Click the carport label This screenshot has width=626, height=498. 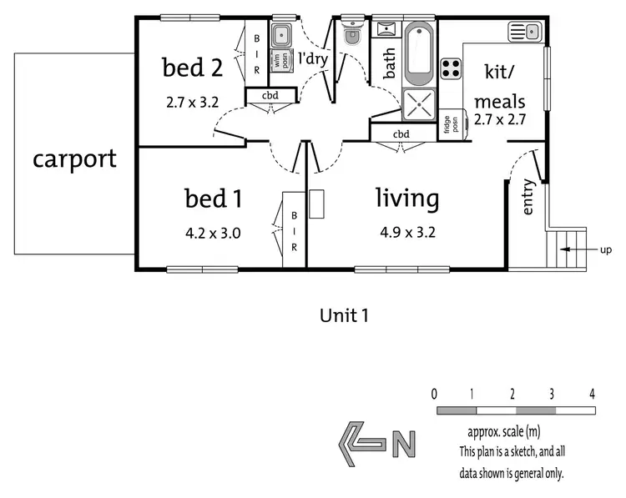coord(75,159)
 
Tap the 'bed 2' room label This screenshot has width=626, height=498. coord(194,68)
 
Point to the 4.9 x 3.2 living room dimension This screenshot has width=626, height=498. coord(406,233)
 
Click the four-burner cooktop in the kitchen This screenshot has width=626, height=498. coord(452,67)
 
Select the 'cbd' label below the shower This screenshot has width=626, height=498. coord(401,134)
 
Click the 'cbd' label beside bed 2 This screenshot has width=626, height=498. coord(270,96)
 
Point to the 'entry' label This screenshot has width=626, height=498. coord(528,198)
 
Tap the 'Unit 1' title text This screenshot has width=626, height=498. coord(344,315)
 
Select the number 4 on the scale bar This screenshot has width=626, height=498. coord(592,393)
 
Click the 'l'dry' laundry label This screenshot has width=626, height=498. coord(313,58)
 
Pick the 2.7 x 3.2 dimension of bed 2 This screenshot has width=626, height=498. coord(192,104)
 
